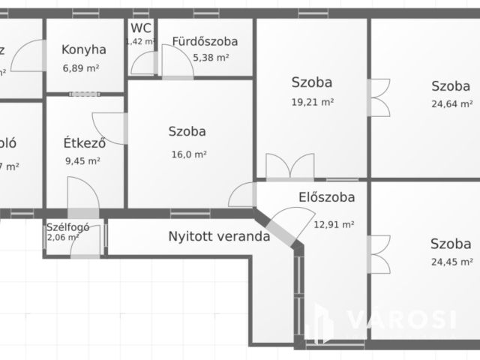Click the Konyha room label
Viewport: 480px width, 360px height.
83,49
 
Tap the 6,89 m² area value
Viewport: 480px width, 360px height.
83,67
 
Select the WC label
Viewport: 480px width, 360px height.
141,28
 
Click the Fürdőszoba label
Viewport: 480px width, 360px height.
205,41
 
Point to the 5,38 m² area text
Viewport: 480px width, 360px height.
211,57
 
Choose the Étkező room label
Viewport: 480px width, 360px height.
83,142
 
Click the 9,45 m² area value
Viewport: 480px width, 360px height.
83,160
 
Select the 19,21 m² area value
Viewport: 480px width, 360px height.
312,101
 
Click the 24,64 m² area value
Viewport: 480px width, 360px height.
451,104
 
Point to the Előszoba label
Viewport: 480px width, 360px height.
327,198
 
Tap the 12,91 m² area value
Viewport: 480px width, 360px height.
334,223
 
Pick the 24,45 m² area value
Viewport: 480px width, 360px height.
451,262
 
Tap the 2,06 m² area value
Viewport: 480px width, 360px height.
63,237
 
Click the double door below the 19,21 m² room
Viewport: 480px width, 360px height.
290,166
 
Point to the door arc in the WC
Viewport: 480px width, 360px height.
140,64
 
